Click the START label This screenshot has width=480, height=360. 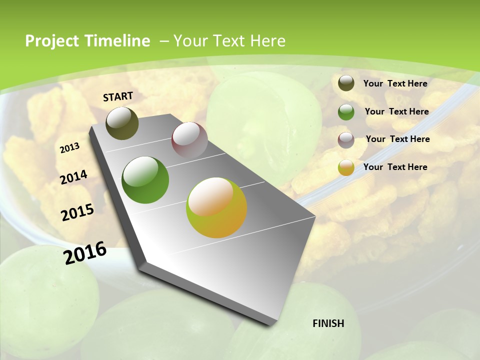118,96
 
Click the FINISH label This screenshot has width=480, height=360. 328,323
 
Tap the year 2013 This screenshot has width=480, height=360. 70,147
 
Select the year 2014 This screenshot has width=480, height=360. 74,177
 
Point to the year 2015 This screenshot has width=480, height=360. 77,212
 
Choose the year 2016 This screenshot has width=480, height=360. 85,252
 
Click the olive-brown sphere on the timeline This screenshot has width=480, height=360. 122,123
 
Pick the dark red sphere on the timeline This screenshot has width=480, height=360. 189,140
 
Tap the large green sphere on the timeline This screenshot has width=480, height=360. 145,180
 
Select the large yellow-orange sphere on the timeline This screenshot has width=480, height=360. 216,207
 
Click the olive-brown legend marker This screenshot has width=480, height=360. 346,83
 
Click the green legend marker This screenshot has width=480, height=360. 346,112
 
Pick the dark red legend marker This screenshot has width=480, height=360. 346,139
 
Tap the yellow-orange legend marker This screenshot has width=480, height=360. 346,167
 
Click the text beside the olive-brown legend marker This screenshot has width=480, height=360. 395,83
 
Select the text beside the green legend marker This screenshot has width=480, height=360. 397,111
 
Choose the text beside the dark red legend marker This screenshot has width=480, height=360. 398,139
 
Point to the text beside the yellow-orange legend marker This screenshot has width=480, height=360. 395,167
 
